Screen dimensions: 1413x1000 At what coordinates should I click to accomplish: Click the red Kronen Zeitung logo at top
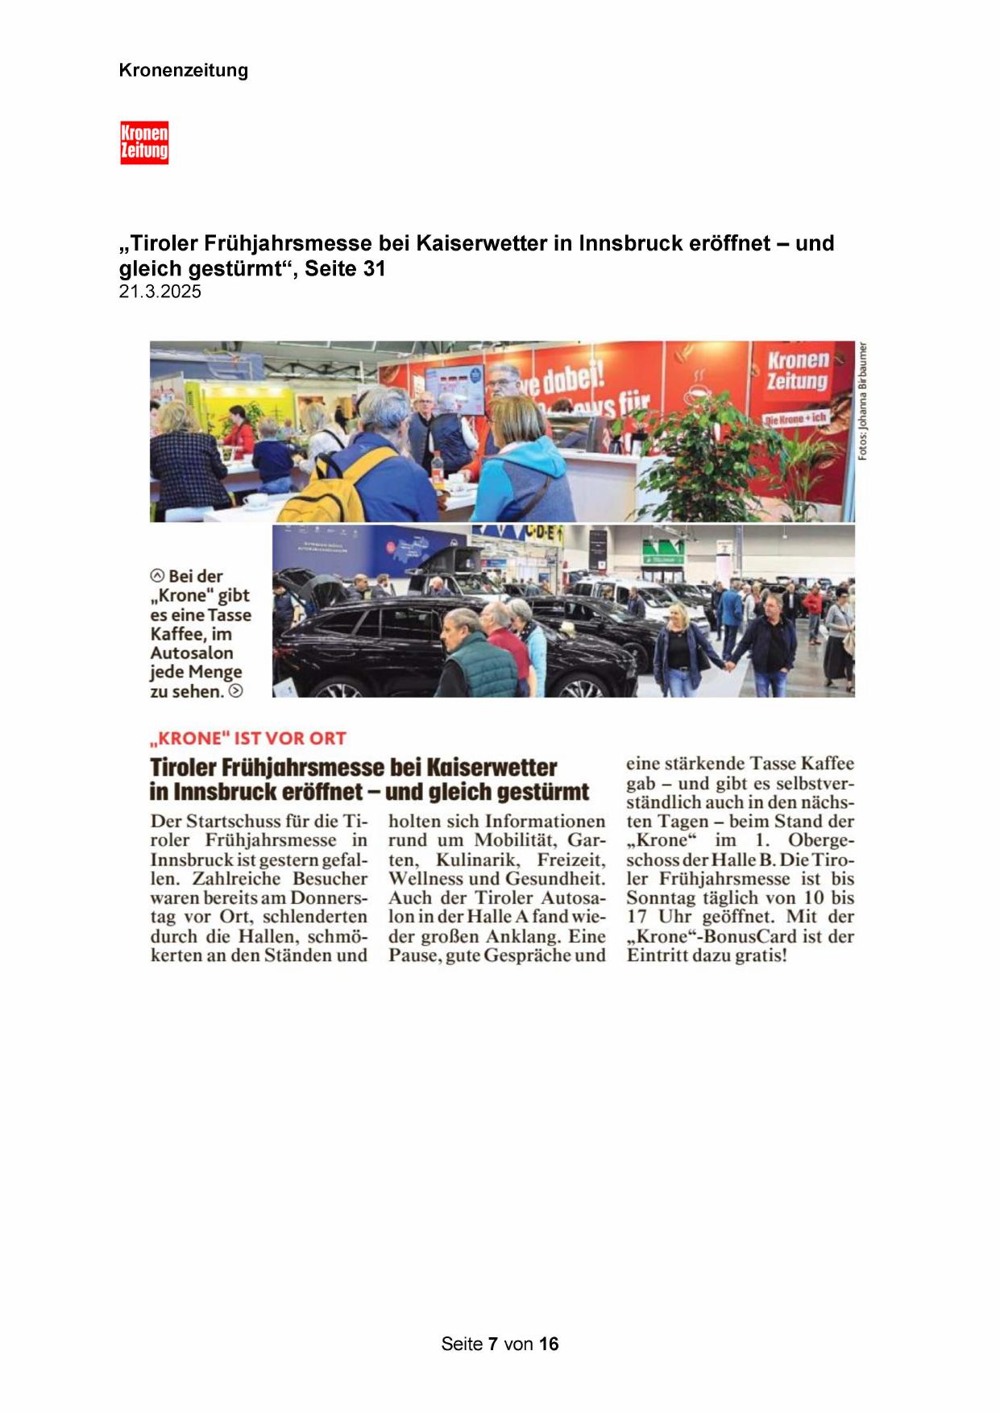144,143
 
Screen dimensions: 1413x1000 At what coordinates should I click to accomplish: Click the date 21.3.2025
160,292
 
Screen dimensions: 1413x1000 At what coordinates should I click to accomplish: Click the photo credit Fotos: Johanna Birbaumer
862,401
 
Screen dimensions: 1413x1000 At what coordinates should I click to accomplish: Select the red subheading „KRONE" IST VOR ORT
247,738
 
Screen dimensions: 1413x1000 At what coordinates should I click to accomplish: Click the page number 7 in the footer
492,1344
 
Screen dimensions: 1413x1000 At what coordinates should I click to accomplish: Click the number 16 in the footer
549,1344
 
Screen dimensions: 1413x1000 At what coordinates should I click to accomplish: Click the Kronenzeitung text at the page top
183,70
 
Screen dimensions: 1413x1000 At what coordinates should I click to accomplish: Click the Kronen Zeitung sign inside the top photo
797,371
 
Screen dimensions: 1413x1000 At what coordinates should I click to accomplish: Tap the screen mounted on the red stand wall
454,389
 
